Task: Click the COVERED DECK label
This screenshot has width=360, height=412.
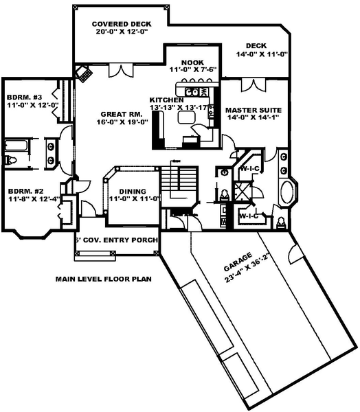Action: [x=122, y=24]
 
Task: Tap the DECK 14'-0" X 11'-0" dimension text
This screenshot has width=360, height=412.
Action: [x=262, y=55]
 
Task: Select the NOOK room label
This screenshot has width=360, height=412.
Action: [x=192, y=62]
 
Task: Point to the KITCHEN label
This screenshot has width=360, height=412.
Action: [x=166, y=100]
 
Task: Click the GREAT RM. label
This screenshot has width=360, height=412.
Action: [x=122, y=114]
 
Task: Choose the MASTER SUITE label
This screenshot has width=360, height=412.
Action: [x=254, y=110]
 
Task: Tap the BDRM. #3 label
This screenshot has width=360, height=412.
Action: [x=24, y=98]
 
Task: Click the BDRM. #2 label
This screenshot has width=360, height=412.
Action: [x=26, y=191]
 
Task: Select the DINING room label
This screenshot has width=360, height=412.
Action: [x=133, y=192]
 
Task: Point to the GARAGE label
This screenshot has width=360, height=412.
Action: [x=238, y=262]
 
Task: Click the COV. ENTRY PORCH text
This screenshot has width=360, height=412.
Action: [x=120, y=240]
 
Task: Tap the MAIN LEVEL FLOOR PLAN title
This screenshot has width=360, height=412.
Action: [x=103, y=279]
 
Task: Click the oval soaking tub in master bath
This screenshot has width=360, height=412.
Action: [x=287, y=192]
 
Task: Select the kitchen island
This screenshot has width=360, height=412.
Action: [x=187, y=117]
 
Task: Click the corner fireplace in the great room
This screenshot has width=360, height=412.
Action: [x=84, y=73]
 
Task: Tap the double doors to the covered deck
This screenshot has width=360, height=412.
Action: [x=121, y=71]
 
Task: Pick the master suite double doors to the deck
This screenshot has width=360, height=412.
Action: [x=254, y=85]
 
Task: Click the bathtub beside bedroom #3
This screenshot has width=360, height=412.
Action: [x=16, y=146]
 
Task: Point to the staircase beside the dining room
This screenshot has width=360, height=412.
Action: [x=179, y=186]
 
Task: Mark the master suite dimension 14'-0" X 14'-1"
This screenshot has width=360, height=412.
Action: [x=254, y=117]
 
